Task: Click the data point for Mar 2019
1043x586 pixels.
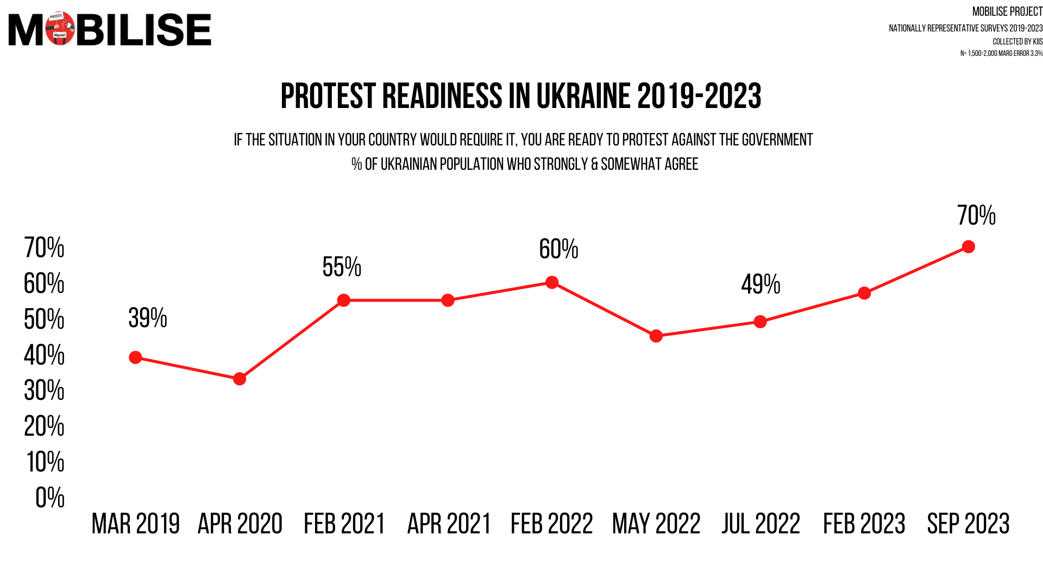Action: coord(135,358)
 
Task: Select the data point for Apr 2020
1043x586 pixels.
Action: coord(240,379)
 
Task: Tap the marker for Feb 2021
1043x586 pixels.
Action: coord(344,300)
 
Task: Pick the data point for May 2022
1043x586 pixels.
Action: coord(656,336)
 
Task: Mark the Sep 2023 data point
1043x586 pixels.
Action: coord(968,247)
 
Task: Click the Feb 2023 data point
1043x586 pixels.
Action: coord(864,294)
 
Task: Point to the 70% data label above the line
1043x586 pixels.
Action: coord(976,215)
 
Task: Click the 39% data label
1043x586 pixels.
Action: coord(148,318)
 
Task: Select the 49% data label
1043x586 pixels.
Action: coord(761,284)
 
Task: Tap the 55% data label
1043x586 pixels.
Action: coord(342,267)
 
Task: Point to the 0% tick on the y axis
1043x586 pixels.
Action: coord(50,498)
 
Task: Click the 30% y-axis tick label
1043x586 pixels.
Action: coord(44,391)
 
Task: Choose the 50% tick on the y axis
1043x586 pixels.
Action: coord(44,319)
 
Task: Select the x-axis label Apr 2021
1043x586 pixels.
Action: coord(449,524)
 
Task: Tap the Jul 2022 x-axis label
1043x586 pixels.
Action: coord(761,524)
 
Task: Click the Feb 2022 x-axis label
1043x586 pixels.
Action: coord(552,524)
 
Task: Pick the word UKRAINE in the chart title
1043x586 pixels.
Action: coord(583,97)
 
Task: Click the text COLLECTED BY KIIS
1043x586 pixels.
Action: coord(1017,42)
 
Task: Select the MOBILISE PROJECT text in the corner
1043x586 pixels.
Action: coord(1007,12)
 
